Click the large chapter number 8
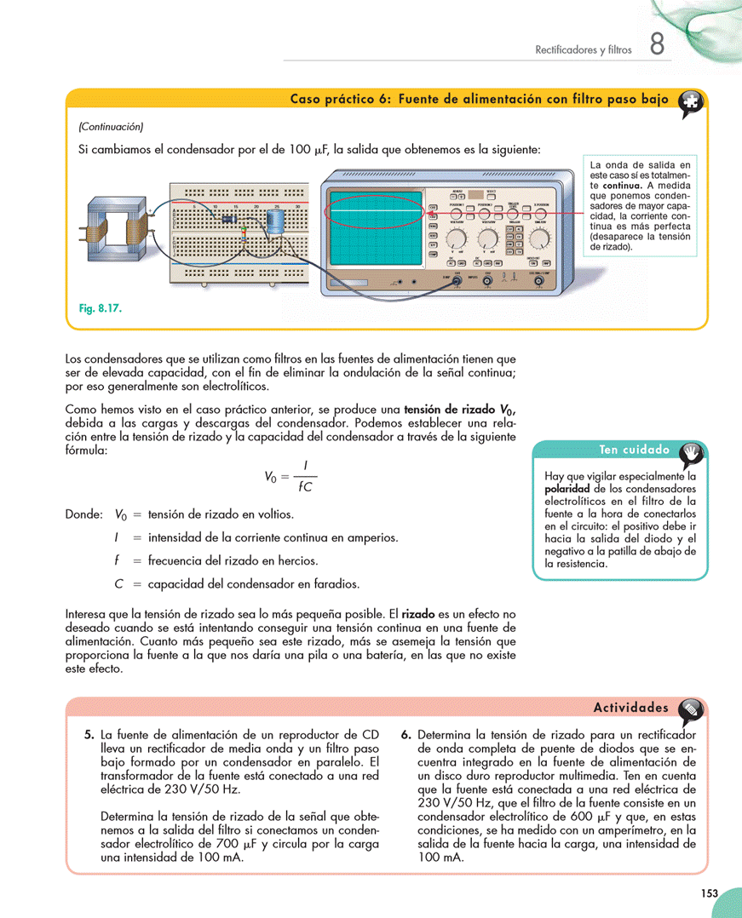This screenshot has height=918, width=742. [x=657, y=45]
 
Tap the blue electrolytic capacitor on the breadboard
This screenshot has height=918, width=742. [x=277, y=221]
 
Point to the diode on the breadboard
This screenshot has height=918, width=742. [x=228, y=218]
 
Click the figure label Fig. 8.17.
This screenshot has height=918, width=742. [x=95, y=309]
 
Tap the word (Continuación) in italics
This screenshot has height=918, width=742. [x=111, y=127]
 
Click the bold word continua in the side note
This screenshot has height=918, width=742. [x=623, y=185]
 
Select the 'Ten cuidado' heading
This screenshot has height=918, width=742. [x=635, y=450]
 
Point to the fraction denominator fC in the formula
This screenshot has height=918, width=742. [x=304, y=488]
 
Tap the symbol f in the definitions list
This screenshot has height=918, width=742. [x=116, y=560]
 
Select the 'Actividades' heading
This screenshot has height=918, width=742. [x=630, y=708]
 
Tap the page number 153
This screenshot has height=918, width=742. [x=710, y=892]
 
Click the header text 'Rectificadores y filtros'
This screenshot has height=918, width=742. [x=583, y=50]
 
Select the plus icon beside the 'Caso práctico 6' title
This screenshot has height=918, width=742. [x=691, y=101]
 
